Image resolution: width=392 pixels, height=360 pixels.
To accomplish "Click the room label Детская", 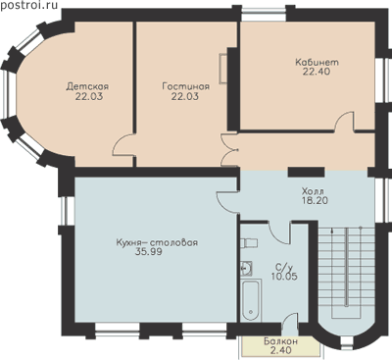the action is [87, 86].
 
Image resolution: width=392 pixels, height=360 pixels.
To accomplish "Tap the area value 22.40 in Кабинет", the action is [317, 72].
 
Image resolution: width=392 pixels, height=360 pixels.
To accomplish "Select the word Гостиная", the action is [186, 86].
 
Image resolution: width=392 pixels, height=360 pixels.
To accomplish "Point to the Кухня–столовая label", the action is [157, 243].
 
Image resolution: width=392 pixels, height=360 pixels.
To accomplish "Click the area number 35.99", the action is [148, 252].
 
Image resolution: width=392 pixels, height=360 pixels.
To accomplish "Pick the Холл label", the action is [313, 190].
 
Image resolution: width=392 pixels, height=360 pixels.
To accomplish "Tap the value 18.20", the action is [315, 200].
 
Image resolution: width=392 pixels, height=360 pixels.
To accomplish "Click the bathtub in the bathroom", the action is [251, 300].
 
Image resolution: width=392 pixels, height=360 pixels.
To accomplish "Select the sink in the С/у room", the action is [246, 268].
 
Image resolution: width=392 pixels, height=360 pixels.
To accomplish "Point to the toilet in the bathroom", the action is [249, 243].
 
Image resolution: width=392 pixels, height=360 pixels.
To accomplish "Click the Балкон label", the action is [280, 341].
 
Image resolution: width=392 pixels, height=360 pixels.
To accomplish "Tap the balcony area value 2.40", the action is [281, 350].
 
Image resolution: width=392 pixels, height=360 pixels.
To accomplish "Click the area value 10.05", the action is [284, 277].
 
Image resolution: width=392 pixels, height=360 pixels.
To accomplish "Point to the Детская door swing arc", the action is [121, 145].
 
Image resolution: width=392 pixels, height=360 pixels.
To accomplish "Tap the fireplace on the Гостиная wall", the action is [223, 68].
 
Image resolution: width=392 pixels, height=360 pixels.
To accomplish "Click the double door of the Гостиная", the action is [228, 150].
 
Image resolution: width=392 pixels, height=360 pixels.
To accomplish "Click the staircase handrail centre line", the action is [346, 267].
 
